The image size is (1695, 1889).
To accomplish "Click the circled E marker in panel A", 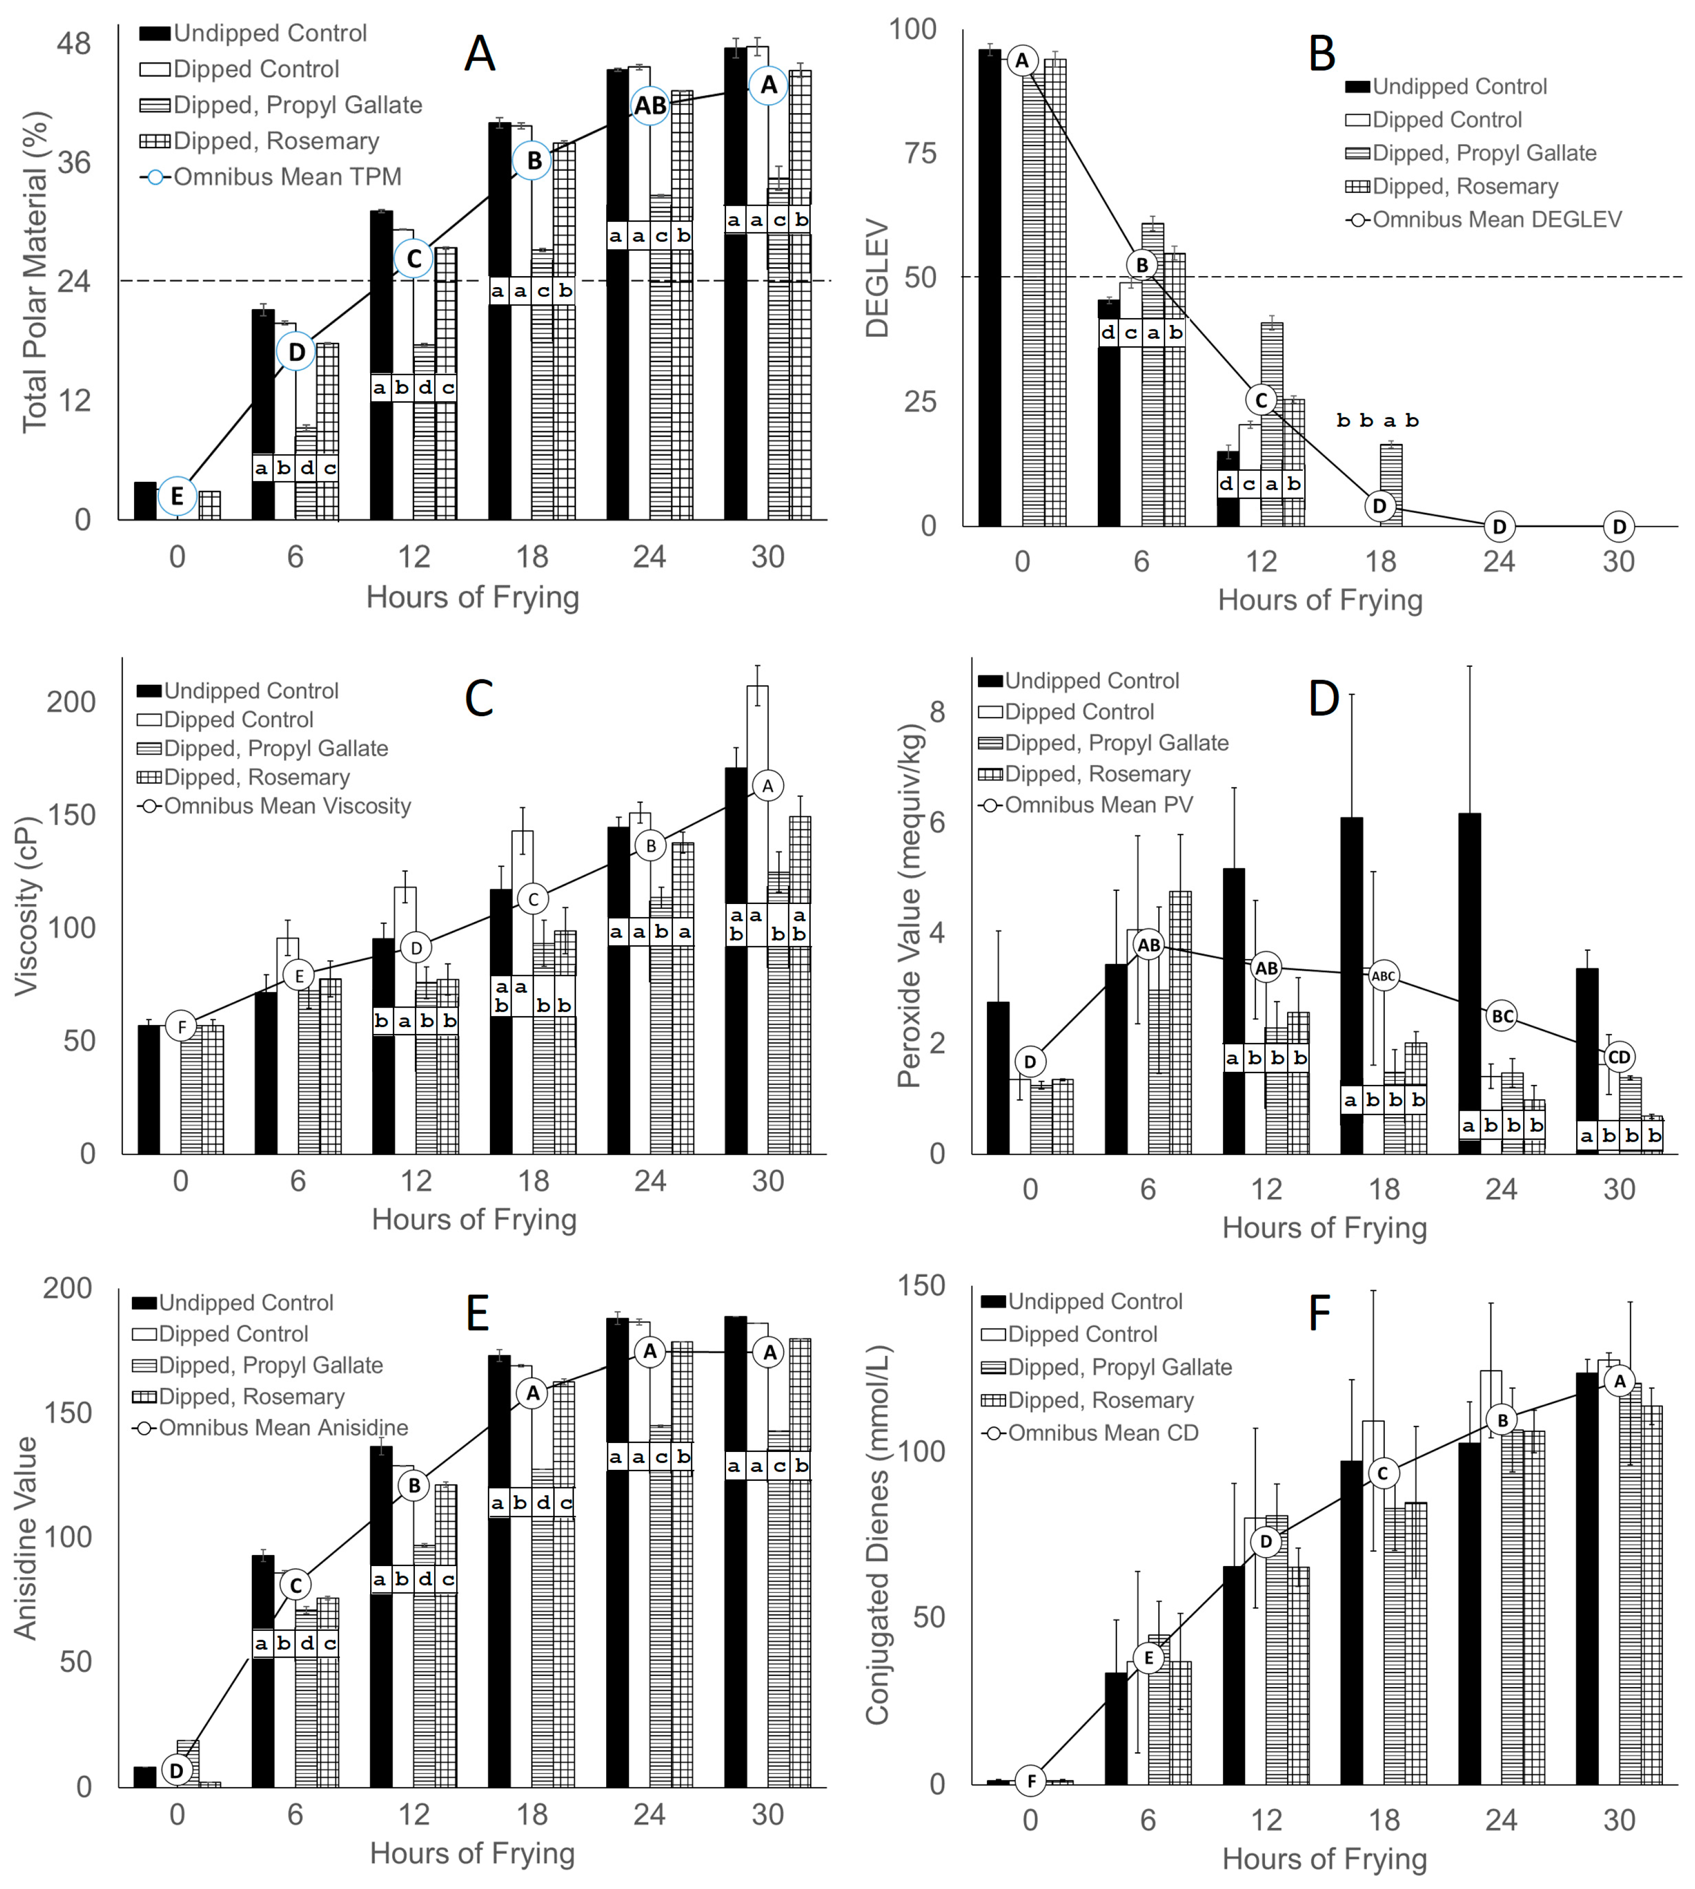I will [x=177, y=496].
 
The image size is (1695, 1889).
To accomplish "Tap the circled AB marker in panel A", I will [x=650, y=105].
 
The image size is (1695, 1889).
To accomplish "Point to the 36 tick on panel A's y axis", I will [x=75, y=163].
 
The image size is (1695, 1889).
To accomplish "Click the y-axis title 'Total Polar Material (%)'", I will [x=35, y=272].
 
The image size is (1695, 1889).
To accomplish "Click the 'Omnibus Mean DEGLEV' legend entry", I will [x=1496, y=220].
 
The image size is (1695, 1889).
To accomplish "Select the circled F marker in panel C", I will [x=181, y=1027].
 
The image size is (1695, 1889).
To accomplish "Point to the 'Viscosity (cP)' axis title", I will [x=28, y=906].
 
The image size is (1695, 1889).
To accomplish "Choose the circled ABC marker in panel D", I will [x=1384, y=976].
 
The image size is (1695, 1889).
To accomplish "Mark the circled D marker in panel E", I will [x=177, y=1769].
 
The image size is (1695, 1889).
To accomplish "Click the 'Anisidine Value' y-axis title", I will [x=26, y=1537].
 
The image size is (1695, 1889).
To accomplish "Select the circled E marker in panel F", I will [x=1148, y=1658].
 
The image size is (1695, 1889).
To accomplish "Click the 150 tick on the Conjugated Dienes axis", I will [x=920, y=1286].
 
